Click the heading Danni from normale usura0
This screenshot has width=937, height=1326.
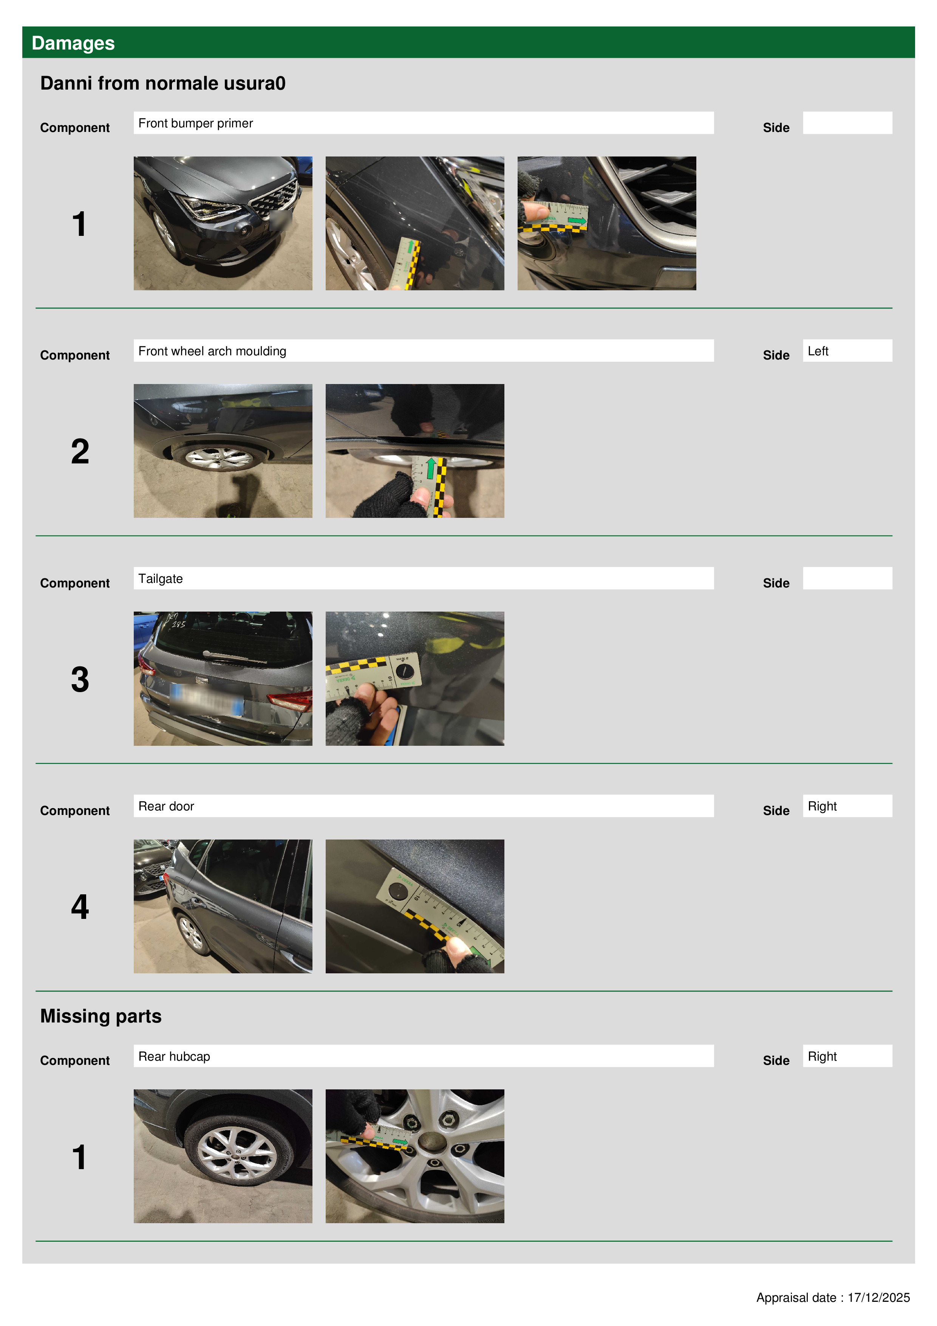(x=163, y=83)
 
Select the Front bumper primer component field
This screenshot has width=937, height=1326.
(x=423, y=123)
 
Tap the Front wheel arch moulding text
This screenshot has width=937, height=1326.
(x=212, y=351)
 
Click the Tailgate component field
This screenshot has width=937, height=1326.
(x=423, y=578)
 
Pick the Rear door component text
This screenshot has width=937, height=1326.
(x=166, y=806)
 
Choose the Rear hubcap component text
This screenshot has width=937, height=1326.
(x=174, y=1056)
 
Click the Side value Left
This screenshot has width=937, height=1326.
(x=818, y=351)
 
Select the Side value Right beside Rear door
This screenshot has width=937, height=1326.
(x=822, y=806)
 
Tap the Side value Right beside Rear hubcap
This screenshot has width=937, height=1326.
(x=822, y=1056)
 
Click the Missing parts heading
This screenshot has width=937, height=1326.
(x=101, y=1016)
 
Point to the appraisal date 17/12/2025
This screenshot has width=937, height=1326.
(x=879, y=1298)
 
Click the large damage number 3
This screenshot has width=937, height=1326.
(x=80, y=679)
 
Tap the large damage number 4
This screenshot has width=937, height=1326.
(x=80, y=907)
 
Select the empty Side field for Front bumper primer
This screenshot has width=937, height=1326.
(x=847, y=123)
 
